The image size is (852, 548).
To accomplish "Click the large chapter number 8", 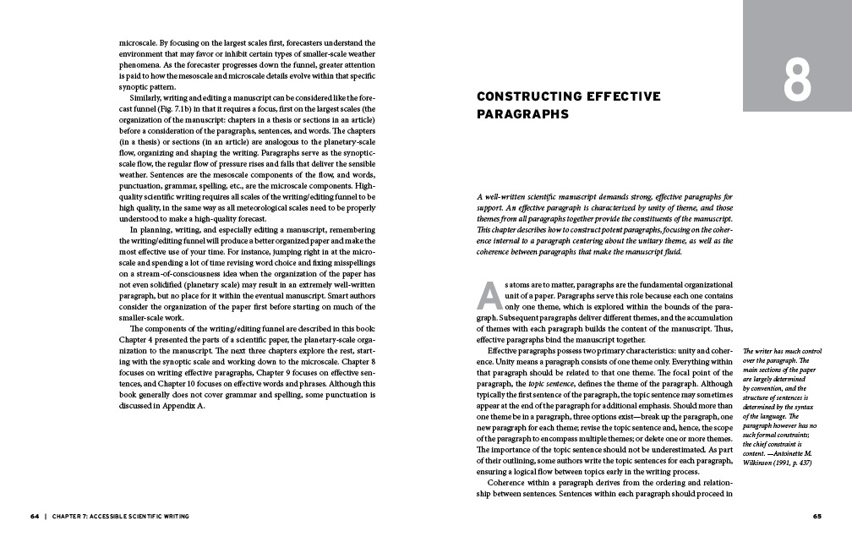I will pos(796,80).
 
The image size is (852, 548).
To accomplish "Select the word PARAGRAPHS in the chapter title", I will pos(522,114).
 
